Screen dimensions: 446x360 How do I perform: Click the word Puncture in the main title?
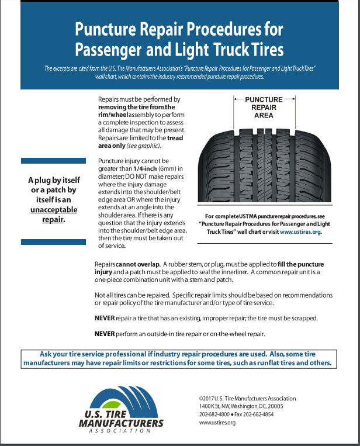(109, 29)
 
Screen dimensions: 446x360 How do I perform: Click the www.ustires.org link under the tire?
(300, 231)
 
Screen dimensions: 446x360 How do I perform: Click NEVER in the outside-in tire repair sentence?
(105, 333)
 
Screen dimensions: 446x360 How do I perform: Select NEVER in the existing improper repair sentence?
(105, 318)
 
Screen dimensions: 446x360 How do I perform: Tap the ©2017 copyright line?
(247, 399)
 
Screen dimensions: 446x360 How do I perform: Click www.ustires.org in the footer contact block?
(217, 423)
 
